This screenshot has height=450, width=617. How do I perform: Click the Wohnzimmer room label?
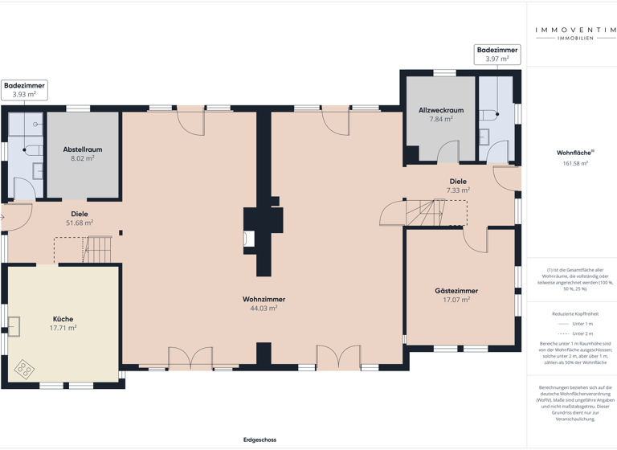[264, 299]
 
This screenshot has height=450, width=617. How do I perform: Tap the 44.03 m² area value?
[264, 308]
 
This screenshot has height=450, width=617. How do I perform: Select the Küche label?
[63, 319]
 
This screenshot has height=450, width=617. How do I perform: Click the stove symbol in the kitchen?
[25, 369]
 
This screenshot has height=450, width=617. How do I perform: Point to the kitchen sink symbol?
[14, 326]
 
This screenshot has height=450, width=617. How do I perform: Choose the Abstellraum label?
[82, 149]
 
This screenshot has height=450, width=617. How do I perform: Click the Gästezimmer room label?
[456, 291]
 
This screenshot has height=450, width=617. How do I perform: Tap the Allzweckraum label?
[441, 110]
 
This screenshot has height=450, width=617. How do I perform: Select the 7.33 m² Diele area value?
[458, 190]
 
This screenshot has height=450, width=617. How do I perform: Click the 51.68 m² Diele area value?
[79, 223]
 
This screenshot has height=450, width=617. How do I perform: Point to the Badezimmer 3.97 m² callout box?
[497, 54]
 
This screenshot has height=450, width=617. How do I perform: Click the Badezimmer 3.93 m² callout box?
[24, 89]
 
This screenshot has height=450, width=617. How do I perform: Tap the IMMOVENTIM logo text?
[575, 31]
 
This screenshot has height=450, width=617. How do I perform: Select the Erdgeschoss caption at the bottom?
[259, 440]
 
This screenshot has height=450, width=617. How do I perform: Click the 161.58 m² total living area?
[575, 163]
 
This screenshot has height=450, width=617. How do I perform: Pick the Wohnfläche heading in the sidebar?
[575, 153]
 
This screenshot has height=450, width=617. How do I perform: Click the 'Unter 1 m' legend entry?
[583, 323]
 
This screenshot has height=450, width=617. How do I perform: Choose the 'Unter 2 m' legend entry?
[583, 333]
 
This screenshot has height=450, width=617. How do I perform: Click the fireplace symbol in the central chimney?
[249, 238]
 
